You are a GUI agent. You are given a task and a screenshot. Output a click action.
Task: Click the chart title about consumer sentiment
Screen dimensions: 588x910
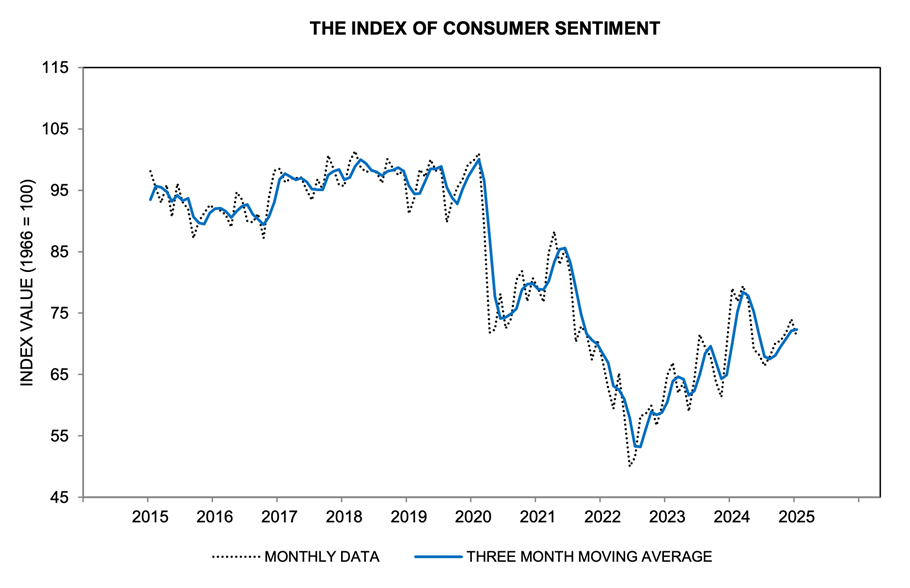tap(485, 28)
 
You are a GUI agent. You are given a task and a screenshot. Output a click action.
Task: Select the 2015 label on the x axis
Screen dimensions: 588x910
tap(148, 518)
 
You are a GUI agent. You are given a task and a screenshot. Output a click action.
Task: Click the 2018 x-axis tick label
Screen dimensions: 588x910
tap(342, 518)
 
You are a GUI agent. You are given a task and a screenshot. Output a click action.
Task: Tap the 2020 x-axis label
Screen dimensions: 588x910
tap(471, 518)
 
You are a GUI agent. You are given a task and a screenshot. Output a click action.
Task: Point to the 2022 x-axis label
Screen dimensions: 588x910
tap(600, 518)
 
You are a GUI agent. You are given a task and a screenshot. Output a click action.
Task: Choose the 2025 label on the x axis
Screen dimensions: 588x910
tap(794, 518)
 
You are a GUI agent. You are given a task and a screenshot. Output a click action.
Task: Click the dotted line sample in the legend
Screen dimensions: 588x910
tap(234, 556)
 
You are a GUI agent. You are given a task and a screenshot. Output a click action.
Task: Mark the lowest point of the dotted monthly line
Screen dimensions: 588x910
tap(630, 466)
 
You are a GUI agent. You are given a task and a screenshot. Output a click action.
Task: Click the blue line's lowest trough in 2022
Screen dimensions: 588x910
tap(637, 446)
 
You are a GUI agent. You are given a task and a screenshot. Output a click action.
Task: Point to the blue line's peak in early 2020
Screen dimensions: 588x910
tap(480, 159)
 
